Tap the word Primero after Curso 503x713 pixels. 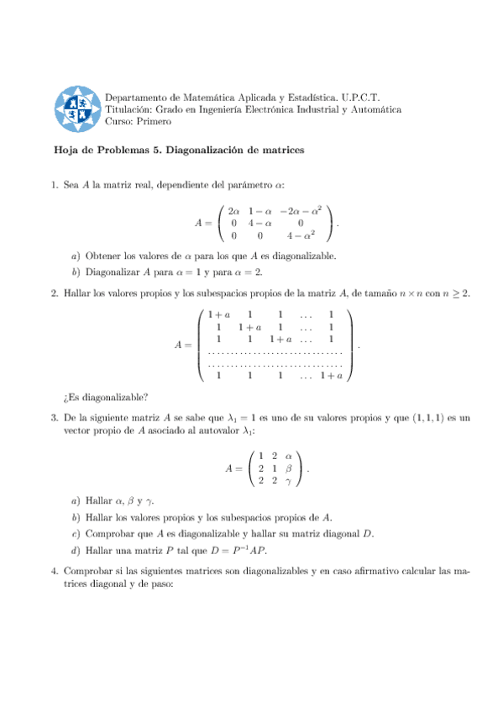(x=154, y=121)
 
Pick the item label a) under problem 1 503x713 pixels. (x=76, y=256)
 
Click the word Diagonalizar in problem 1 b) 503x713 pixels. (x=113, y=272)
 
